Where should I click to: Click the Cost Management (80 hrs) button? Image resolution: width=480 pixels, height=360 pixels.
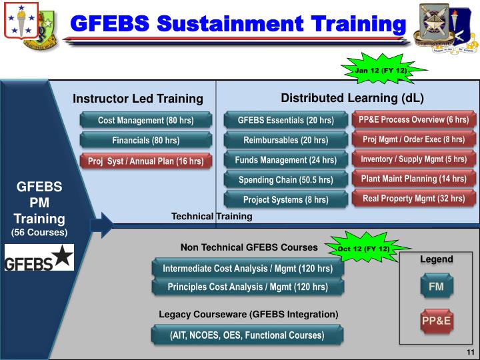click(x=146, y=121)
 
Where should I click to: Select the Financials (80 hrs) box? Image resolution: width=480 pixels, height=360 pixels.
click(x=146, y=141)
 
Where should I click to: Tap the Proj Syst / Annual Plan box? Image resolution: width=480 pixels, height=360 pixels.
click(x=146, y=161)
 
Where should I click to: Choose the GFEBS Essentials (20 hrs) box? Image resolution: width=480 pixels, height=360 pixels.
click(x=285, y=121)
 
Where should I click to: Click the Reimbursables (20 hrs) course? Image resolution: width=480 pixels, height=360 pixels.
click(x=285, y=140)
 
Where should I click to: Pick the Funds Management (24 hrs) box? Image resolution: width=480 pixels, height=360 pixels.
click(x=285, y=160)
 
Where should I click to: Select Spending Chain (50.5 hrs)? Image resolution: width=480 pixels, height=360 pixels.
click(x=285, y=179)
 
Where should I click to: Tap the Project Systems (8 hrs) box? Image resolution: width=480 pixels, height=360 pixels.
click(x=285, y=199)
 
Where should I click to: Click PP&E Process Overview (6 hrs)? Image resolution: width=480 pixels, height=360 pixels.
click(x=413, y=120)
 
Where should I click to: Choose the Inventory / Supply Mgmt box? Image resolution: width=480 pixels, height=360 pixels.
click(x=413, y=159)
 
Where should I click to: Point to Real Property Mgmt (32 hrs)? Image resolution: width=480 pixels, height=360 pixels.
click(x=413, y=198)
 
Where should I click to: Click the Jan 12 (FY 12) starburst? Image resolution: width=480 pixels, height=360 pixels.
click(x=381, y=69)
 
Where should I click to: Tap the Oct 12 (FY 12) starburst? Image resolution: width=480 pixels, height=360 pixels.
click(x=364, y=249)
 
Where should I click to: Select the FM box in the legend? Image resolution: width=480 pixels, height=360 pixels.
click(x=436, y=287)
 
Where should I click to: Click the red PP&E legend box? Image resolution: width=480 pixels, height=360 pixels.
click(x=436, y=321)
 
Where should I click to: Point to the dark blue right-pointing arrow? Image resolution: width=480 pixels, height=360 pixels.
click(x=101, y=225)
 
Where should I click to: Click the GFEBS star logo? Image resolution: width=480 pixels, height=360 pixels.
click(x=39, y=258)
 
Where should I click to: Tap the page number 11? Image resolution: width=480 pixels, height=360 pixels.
click(x=469, y=352)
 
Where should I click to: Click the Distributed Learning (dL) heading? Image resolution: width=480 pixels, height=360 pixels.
click(x=352, y=98)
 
